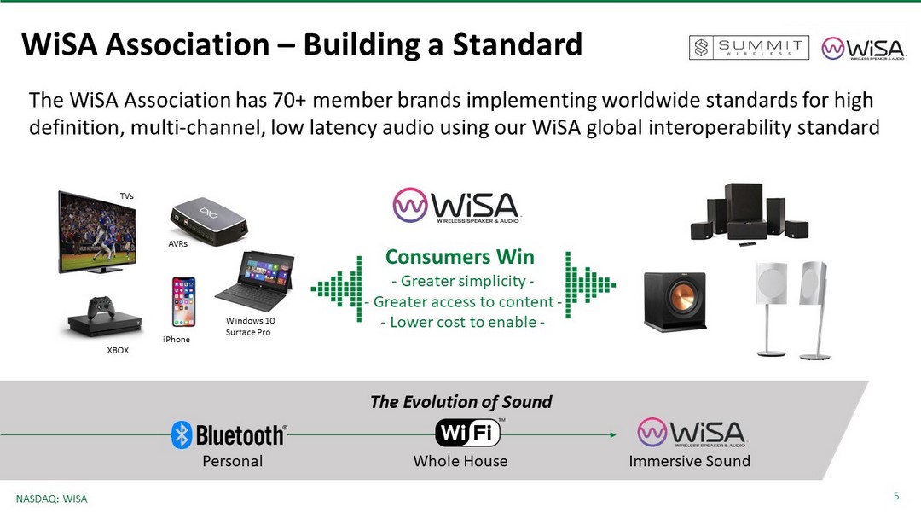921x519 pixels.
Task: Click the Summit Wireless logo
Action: point(749,48)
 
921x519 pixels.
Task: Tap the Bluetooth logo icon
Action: point(182,435)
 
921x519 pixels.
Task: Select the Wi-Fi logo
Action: point(468,433)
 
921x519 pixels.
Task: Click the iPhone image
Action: point(184,301)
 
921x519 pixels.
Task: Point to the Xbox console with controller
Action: point(105,317)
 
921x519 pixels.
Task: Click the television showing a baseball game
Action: point(97,231)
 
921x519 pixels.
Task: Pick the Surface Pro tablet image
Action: point(255,281)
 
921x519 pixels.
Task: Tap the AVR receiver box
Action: point(209,220)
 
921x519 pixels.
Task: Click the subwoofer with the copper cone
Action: point(675,301)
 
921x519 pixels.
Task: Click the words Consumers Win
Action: point(460,257)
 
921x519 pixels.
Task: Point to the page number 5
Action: point(896,496)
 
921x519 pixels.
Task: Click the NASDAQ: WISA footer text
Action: point(52,499)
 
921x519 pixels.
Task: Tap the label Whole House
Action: point(460,461)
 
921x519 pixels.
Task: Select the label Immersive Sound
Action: point(690,461)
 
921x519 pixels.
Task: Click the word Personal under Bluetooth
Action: point(233,461)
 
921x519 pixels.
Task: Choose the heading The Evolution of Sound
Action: point(461,402)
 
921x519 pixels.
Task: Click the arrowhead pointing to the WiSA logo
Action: point(612,435)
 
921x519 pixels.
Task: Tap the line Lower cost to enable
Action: point(463,322)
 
